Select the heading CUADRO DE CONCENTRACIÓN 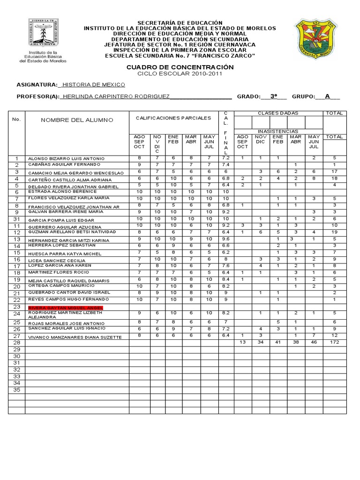[x=180, y=67]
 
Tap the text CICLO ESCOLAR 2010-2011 [x=180, y=74]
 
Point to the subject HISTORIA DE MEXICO [x=93, y=85]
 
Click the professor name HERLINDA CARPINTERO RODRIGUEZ [x=115, y=96]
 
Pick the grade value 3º [x=274, y=96]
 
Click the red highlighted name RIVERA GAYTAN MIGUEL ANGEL [x=66, y=307]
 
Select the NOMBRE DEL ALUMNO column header [x=77, y=120]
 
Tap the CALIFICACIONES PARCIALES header [x=173, y=118]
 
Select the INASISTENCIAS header [x=278, y=131]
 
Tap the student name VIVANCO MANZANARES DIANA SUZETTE [x=75, y=337]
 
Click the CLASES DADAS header [x=278, y=113]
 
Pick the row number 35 [x=17, y=390]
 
